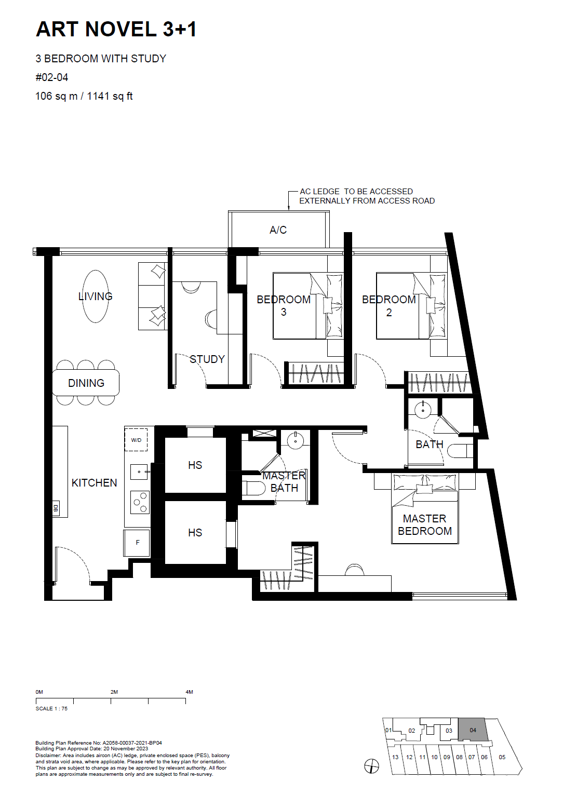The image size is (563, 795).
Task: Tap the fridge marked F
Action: [x=137, y=543]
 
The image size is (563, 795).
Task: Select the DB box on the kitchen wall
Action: [x=56, y=508]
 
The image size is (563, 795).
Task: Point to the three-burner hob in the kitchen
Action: [x=140, y=502]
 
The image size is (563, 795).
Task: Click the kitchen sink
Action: [x=139, y=472]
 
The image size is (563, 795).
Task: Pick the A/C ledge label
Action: [x=278, y=230]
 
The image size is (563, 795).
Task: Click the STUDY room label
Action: [x=207, y=359]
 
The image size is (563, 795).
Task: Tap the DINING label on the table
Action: [x=86, y=383]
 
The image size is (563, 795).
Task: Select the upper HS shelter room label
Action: [x=195, y=465]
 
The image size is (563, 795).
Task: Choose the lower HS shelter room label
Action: [x=195, y=532]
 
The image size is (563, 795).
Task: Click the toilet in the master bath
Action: [x=253, y=488]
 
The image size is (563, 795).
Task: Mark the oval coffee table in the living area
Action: [x=95, y=297]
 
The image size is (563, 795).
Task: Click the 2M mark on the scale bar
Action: [x=114, y=692]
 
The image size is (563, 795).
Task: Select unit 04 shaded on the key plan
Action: [x=473, y=730]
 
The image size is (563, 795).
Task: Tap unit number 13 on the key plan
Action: [x=395, y=757]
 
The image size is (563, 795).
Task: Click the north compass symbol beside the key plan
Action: [x=372, y=766]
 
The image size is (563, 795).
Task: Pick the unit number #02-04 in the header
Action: [x=52, y=77]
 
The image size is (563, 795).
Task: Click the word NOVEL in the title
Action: [x=120, y=29]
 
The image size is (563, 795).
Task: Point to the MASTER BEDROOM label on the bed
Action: [x=424, y=524]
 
